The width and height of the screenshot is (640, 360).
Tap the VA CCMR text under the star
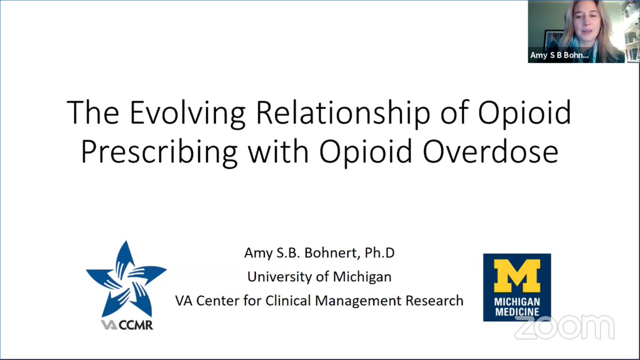[x=127, y=324]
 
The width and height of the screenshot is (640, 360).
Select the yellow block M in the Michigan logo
[x=516, y=276]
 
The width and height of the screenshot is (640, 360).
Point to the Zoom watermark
[x=564, y=327]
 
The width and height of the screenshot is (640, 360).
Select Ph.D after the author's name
[x=380, y=253]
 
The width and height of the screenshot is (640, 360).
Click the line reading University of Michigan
[x=319, y=277]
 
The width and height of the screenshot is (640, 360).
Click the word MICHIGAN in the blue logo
[x=517, y=301]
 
